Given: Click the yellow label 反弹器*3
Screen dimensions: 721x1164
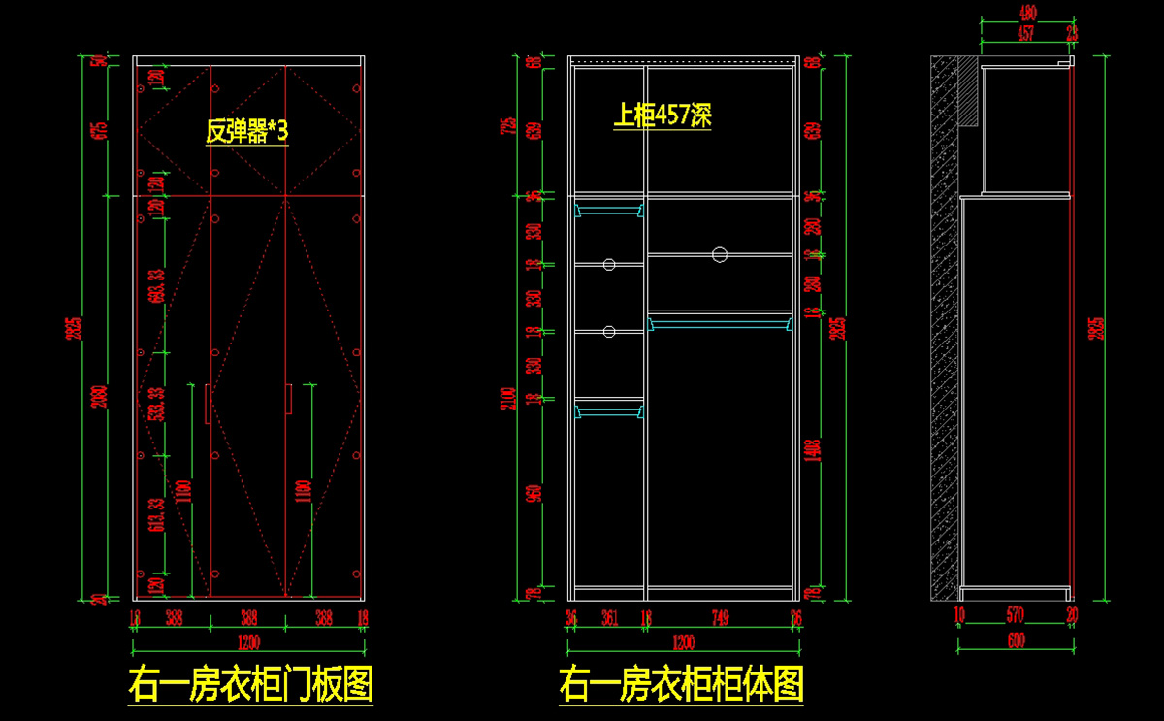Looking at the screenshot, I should (x=246, y=131).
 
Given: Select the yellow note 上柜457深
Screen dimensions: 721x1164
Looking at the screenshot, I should (x=663, y=116).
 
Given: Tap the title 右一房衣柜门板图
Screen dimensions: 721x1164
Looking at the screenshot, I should (x=250, y=685).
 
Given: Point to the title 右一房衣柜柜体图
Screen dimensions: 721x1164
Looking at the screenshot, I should (x=681, y=685).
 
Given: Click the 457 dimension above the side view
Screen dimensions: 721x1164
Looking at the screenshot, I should (x=1024, y=33).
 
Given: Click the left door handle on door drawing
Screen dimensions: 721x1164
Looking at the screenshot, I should (x=208, y=403).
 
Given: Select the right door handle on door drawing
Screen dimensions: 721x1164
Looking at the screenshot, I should (x=289, y=399).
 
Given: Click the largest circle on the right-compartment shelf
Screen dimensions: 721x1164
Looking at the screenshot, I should (x=719, y=254).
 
